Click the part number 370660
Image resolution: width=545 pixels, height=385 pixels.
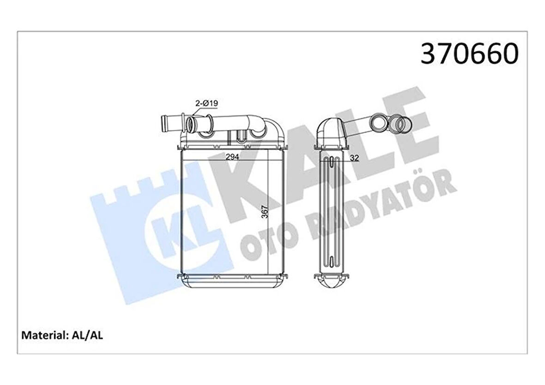[x=469, y=55]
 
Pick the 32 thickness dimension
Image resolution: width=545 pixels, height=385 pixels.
[x=355, y=158]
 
